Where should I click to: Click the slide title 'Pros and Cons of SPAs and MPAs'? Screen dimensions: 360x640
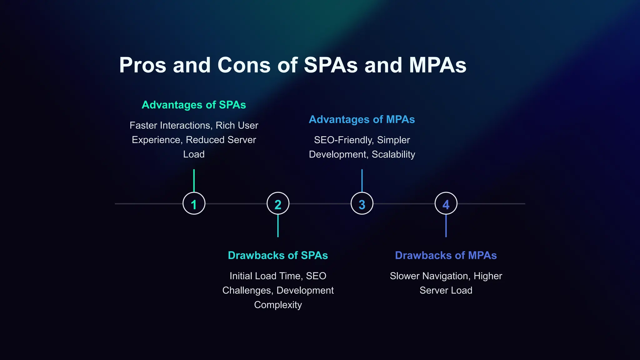coord(292,65)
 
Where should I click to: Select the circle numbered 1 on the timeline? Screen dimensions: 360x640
coord(194,203)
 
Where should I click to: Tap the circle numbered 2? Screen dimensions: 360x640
coord(278,203)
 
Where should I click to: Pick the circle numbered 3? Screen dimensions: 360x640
coord(362,203)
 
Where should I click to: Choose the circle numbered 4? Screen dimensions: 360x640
coord(446,203)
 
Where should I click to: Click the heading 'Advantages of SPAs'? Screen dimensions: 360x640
coord(194,105)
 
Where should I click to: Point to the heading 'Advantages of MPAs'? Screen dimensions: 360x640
coord(362,119)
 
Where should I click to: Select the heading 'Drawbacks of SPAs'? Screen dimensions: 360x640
coord(278,255)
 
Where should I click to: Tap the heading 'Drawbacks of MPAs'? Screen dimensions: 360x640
coord(446,255)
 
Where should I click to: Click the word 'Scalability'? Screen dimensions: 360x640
coord(393,154)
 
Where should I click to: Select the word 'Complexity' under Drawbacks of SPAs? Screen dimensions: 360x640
coord(278,305)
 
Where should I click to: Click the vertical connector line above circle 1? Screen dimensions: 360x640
coord(194,181)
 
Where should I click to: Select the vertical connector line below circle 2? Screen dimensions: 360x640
coord(278,226)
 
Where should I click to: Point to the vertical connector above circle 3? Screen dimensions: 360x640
coord(362,181)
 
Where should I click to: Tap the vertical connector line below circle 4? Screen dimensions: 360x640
coord(446,226)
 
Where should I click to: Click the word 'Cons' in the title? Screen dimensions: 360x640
coord(244,65)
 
